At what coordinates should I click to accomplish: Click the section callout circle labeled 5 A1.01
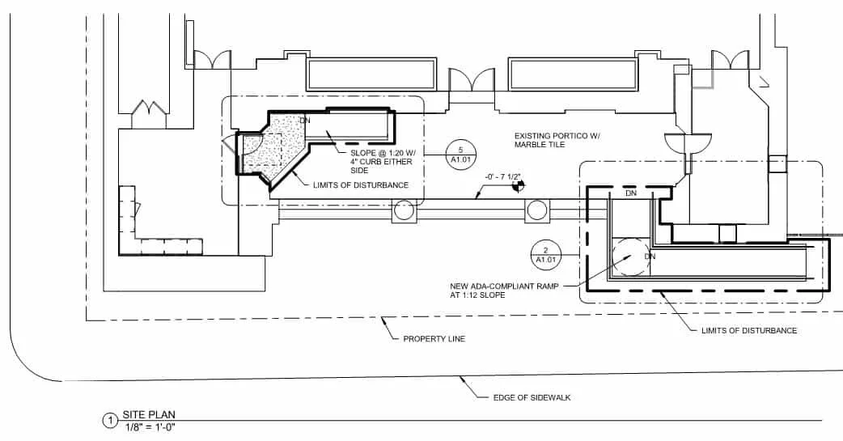coord(460,154)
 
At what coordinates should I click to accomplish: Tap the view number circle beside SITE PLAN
coord(109,421)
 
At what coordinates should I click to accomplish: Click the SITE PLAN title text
coord(149,414)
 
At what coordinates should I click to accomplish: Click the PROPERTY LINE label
coord(434,338)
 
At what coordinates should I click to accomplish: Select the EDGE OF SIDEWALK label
coord(532,397)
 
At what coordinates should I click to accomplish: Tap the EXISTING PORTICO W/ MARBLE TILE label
coord(557,140)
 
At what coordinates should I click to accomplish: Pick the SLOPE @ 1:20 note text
coord(381,162)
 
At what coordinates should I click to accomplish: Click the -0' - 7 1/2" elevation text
coord(502,176)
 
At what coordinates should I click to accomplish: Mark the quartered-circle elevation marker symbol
coord(515,188)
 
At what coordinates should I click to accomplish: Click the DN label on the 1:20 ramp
coord(305,121)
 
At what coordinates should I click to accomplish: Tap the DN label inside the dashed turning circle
coord(649,256)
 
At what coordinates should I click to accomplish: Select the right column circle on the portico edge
coord(537,211)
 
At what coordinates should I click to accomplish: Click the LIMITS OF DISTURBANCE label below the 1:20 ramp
coord(360,185)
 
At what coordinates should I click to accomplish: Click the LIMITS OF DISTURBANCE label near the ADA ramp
coord(749,330)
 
